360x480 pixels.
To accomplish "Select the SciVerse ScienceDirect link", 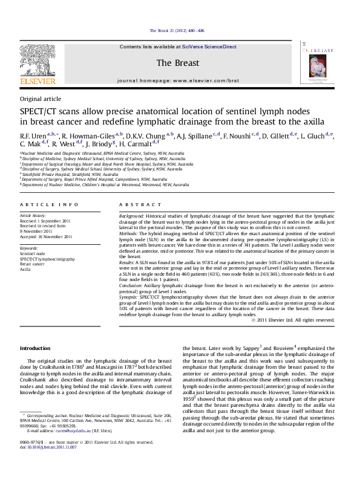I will tap(209, 46).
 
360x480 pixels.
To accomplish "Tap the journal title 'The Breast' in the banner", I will tap(178, 63).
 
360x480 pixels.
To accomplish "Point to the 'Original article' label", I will tap(41, 99).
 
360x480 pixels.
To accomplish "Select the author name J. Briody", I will tap(99, 145).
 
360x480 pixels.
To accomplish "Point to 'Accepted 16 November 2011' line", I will tap(46, 236).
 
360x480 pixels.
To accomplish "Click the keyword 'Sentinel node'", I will tap(33, 253).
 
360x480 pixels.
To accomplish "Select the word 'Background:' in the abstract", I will tap(131, 215).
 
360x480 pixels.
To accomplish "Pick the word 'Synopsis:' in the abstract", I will tap(129, 297).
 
